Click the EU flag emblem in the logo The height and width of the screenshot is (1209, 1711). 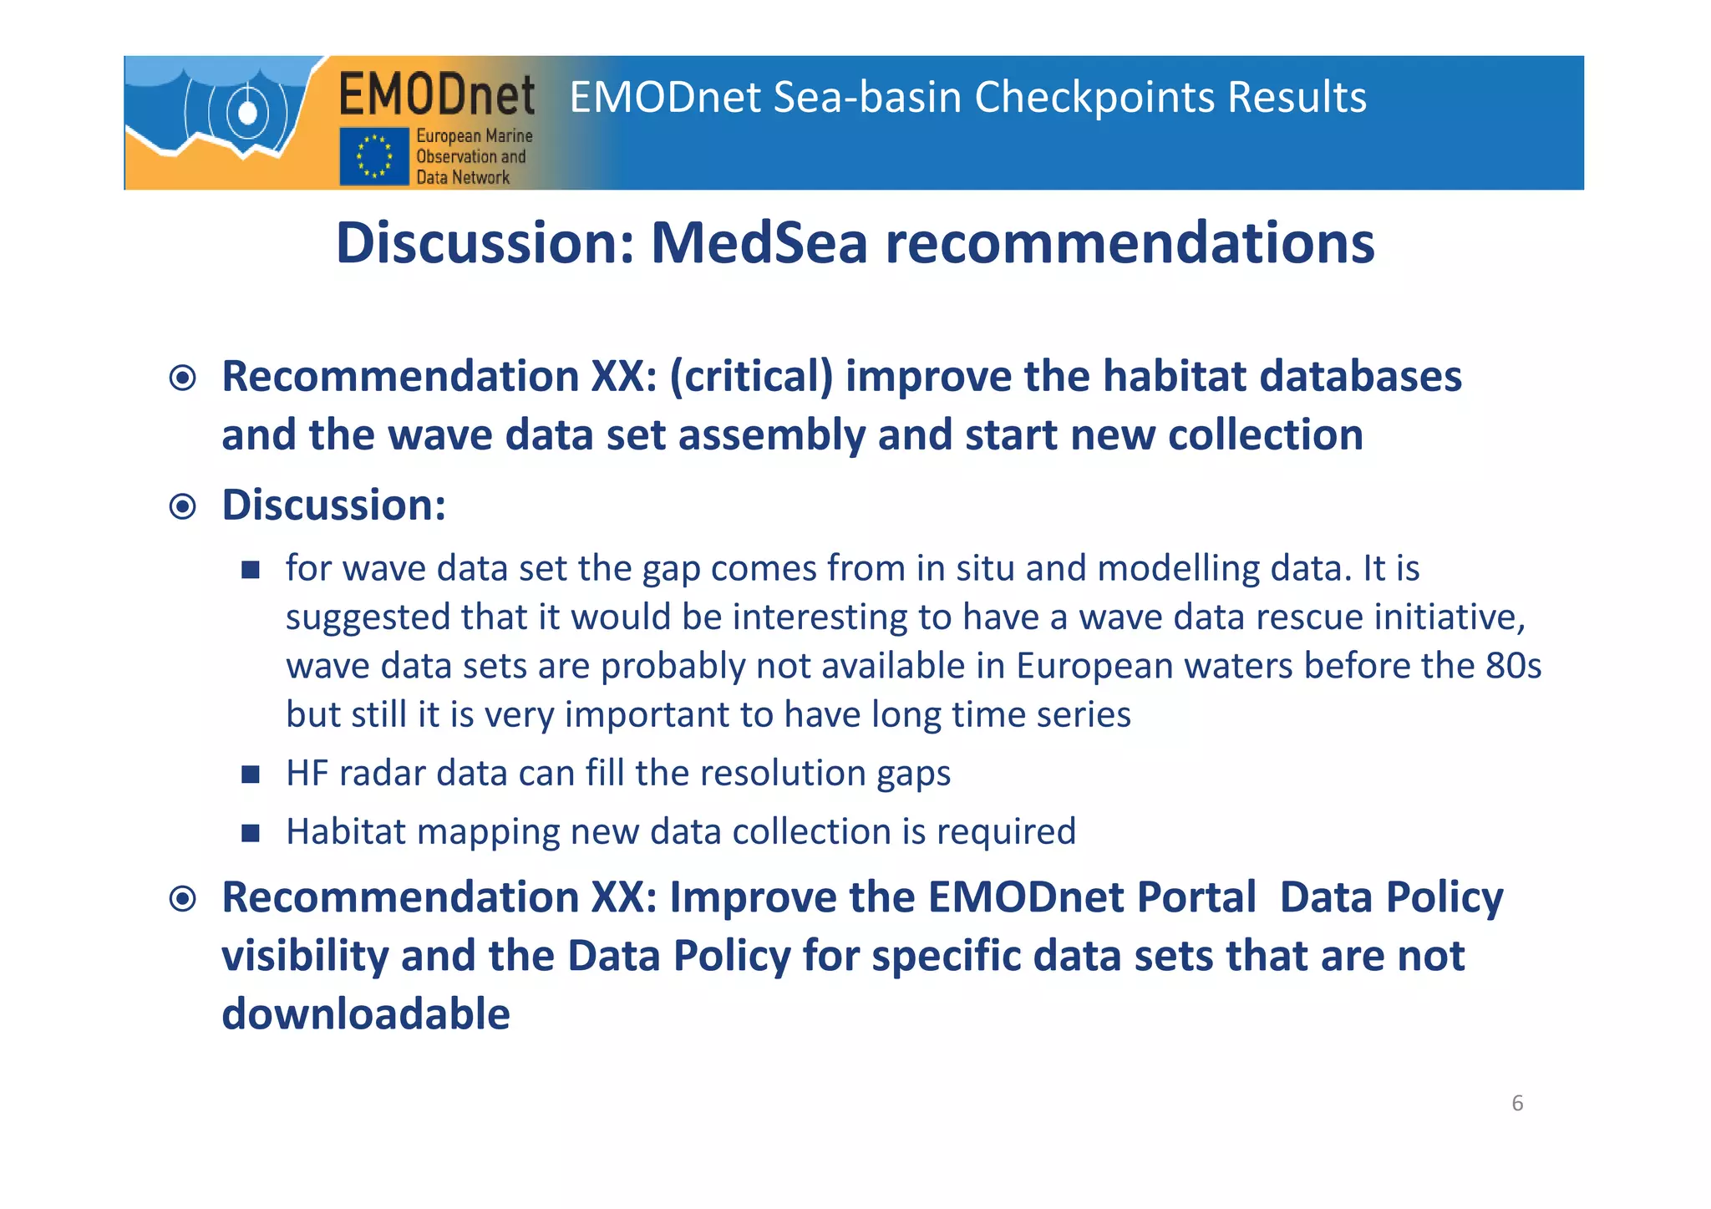(373, 156)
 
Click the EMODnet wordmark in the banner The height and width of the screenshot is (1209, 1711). (436, 94)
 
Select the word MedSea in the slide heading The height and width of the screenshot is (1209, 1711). (759, 243)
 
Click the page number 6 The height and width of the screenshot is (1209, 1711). (1517, 1104)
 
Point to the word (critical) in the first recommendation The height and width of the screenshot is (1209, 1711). (751, 376)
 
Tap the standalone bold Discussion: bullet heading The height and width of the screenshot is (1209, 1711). (333, 505)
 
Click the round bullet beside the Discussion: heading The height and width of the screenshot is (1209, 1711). (182, 506)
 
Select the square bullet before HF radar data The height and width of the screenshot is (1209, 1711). (251, 775)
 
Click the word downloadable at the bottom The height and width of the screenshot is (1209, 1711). (366, 1013)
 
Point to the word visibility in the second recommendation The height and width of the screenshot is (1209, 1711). (305, 956)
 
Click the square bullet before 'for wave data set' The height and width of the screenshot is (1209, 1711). (251, 570)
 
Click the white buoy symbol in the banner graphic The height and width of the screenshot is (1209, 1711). (247, 111)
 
